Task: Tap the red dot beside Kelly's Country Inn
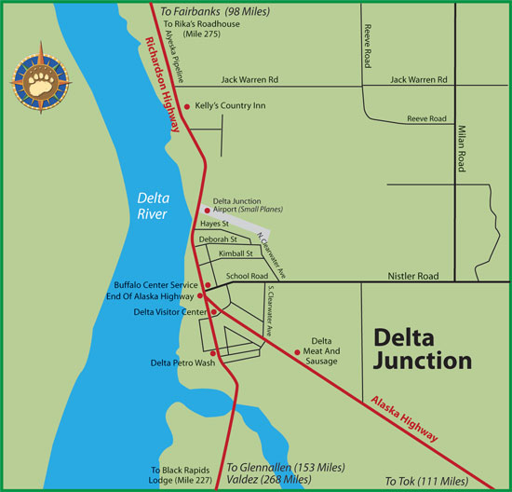click(187, 106)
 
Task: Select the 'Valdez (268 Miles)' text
click(269, 479)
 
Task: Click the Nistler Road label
click(412, 278)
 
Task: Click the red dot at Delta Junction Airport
click(207, 211)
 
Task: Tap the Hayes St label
click(215, 225)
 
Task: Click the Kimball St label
click(236, 253)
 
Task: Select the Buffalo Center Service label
click(155, 284)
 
